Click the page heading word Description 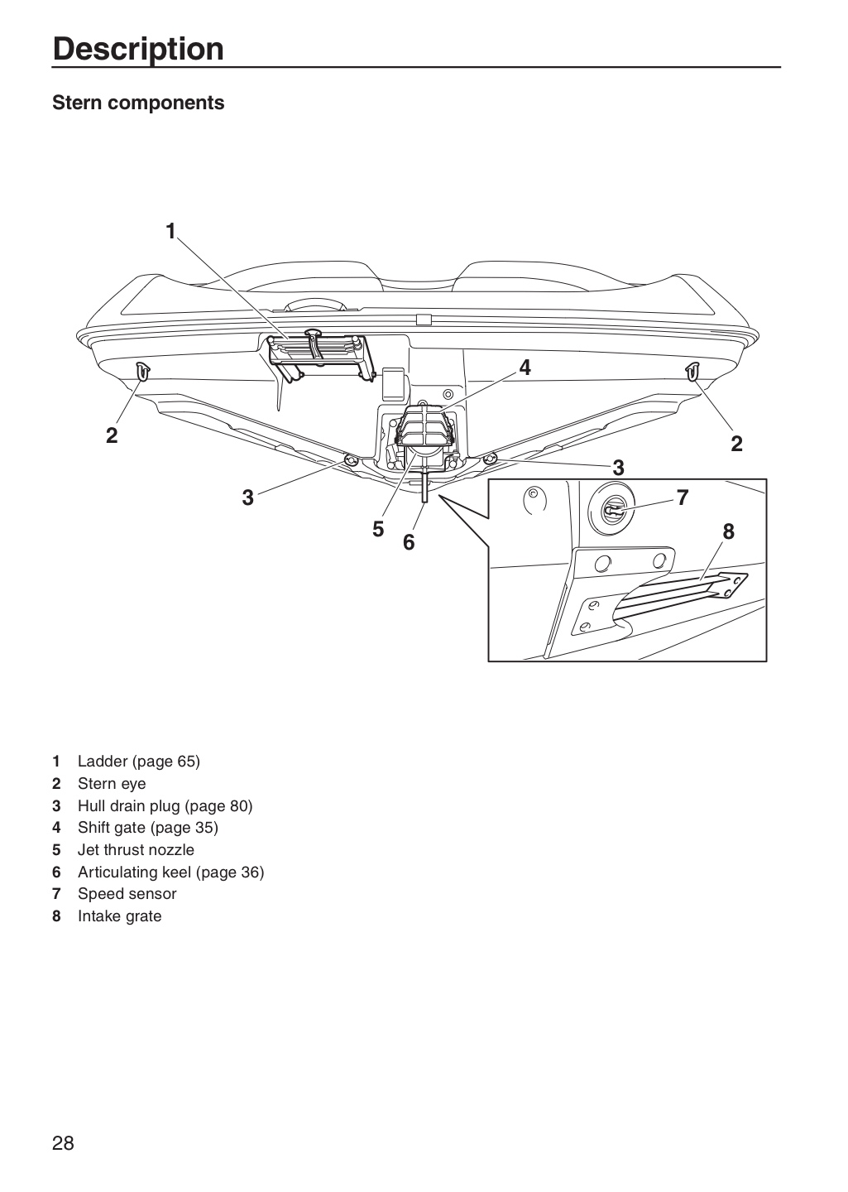[x=138, y=50]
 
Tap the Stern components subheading [x=138, y=103]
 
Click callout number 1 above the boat [x=170, y=231]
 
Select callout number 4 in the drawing [x=525, y=368]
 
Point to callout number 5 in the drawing [x=378, y=529]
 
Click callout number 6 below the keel [x=409, y=542]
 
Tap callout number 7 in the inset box [x=683, y=497]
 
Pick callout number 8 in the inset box [x=728, y=531]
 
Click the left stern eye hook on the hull [x=143, y=371]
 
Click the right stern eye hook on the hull [x=692, y=371]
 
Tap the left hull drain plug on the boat [x=351, y=460]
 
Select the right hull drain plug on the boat [x=490, y=459]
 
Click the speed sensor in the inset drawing [x=611, y=511]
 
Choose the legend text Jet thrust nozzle [x=136, y=850]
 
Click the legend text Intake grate [x=120, y=916]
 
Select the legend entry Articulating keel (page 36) [x=170, y=872]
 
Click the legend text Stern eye [x=112, y=784]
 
